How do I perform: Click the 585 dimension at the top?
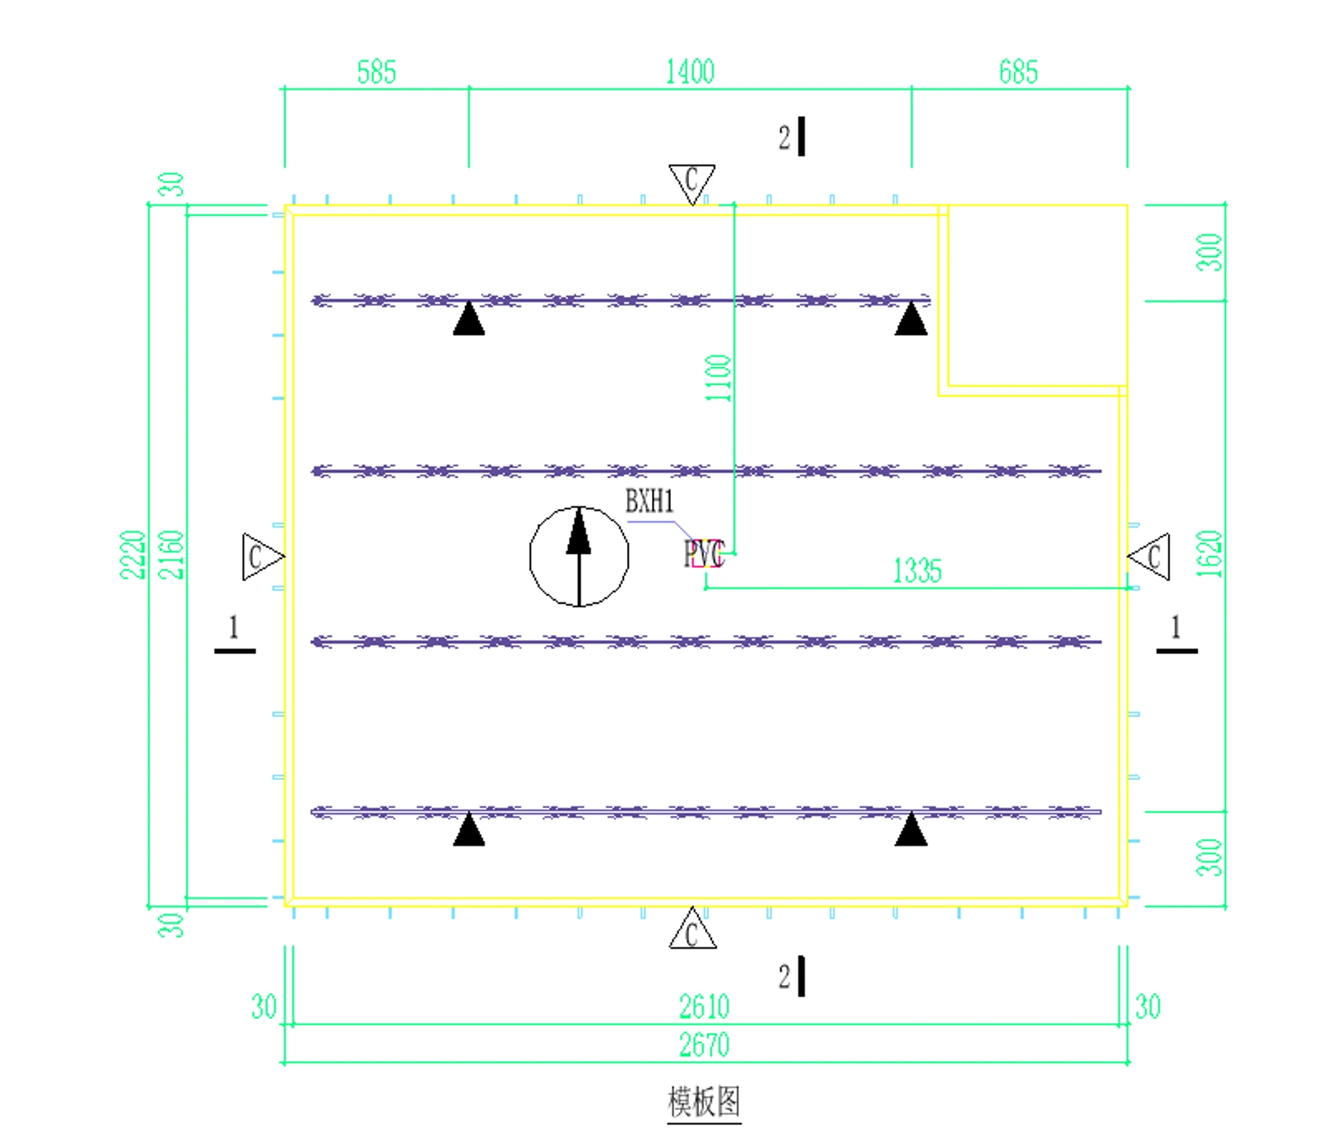(376, 72)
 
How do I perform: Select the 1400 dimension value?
(690, 72)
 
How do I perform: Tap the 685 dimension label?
(1018, 72)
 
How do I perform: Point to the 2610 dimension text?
(704, 1006)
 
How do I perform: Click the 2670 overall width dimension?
(704, 1045)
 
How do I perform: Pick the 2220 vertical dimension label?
(133, 555)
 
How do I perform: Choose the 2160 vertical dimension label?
(171, 555)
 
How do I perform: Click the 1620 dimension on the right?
(1209, 555)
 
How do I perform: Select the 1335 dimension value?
(917, 570)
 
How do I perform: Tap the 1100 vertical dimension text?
(719, 378)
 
